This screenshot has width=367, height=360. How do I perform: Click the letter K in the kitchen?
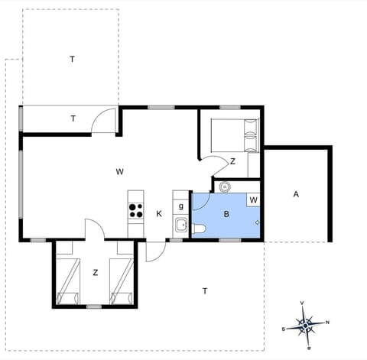(x=160, y=213)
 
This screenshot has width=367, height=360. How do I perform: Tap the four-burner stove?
(x=135, y=209)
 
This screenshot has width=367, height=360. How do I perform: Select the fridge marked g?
(x=180, y=206)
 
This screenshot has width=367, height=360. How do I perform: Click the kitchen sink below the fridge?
(x=181, y=225)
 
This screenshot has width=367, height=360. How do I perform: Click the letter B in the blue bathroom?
(x=226, y=214)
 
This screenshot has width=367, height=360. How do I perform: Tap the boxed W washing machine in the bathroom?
(x=254, y=200)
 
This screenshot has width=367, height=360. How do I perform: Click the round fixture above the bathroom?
(x=225, y=186)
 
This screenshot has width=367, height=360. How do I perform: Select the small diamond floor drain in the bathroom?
(x=258, y=222)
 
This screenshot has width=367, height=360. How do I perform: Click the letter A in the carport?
(x=295, y=194)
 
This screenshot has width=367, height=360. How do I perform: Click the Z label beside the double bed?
(x=232, y=161)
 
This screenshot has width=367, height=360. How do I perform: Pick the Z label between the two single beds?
(x=96, y=272)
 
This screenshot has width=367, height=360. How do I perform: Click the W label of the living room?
(x=120, y=171)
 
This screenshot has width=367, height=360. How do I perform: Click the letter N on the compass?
(x=327, y=322)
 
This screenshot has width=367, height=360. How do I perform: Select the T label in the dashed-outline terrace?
(x=72, y=59)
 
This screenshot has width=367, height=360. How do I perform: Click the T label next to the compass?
(x=205, y=290)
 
